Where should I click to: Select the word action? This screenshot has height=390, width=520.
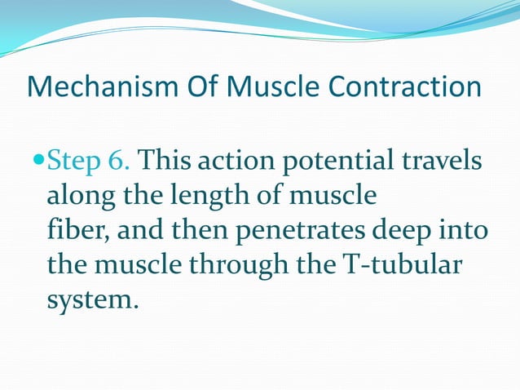(x=237, y=161)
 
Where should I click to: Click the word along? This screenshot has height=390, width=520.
(x=78, y=196)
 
